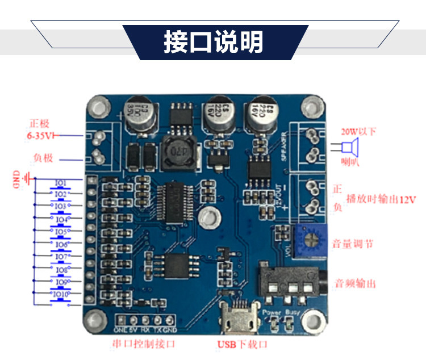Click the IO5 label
61,232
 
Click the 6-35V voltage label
40,136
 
